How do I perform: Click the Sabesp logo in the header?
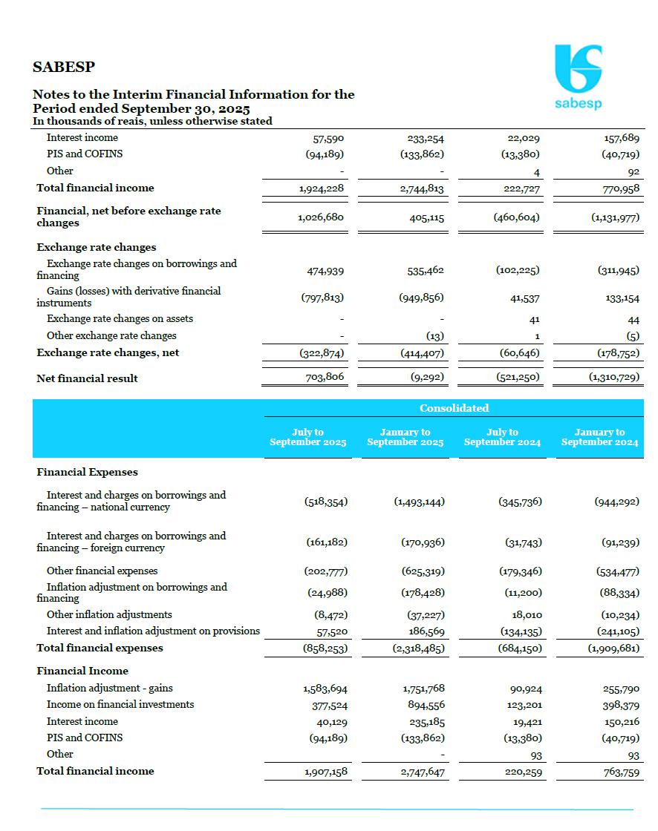[x=579, y=76]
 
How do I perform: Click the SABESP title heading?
[x=64, y=67]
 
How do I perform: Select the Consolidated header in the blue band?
[x=454, y=408]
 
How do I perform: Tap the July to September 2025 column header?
[x=307, y=437]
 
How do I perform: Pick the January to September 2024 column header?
[x=599, y=437]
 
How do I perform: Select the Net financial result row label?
[x=88, y=378]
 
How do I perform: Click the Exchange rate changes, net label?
[x=108, y=353]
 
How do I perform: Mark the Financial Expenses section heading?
[x=88, y=472]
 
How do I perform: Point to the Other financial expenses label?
[x=102, y=571]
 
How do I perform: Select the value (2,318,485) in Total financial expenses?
[x=418, y=648]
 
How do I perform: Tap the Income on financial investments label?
[x=120, y=704]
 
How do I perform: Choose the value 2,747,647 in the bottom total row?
[x=421, y=772]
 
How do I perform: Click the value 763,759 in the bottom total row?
[x=618, y=772]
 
